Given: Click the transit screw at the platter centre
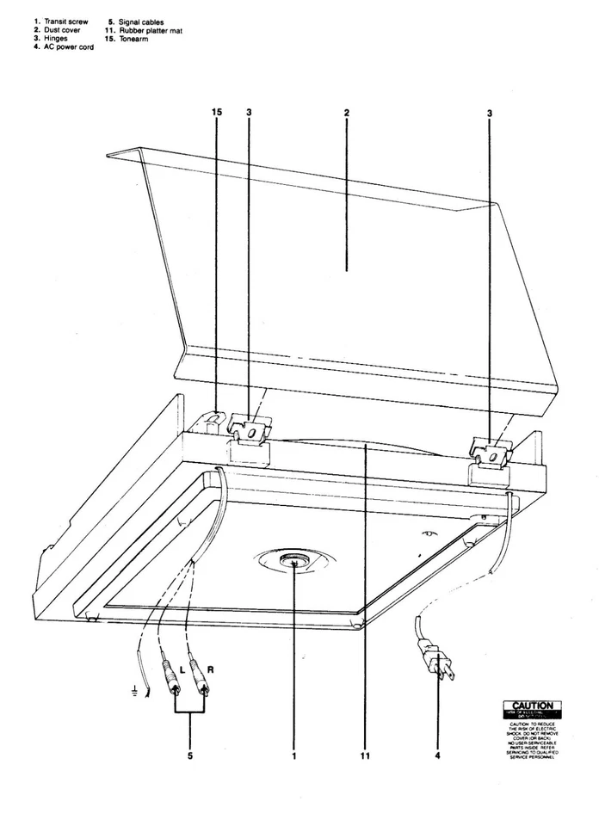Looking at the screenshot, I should point(294,564).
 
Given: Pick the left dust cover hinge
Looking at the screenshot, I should point(250,431).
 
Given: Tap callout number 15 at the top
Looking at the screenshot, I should point(216,113).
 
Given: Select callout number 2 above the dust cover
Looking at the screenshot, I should point(346,113).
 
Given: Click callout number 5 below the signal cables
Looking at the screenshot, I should point(189,757).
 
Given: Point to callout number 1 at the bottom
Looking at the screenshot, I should point(293,757).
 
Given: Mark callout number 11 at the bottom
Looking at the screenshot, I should point(366,757).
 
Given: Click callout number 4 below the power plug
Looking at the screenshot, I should point(438,757).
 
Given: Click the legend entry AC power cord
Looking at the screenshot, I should point(62,47).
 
